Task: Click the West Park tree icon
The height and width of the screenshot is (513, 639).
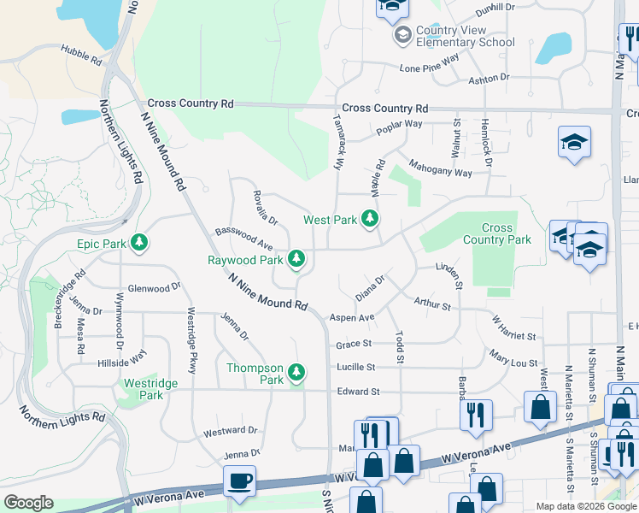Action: tap(370, 220)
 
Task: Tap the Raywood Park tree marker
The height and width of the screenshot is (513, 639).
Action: tap(296, 259)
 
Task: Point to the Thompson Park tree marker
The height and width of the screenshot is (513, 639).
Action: tap(296, 373)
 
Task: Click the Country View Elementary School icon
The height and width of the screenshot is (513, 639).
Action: tap(402, 36)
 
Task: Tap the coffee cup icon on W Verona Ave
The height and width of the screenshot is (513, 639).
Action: tap(240, 481)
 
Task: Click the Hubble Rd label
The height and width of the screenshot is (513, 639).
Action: tap(82, 56)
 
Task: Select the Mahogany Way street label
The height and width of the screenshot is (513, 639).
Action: tap(440, 167)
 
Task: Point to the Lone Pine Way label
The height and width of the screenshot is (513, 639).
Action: tap(429, 62)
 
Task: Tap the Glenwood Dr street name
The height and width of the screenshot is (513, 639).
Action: tap(154, 288)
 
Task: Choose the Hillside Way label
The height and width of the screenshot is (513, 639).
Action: tap(121, 357)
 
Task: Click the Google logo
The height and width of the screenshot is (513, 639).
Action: tap(28, 503)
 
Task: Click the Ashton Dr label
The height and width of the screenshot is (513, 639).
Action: tap(489, 78)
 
